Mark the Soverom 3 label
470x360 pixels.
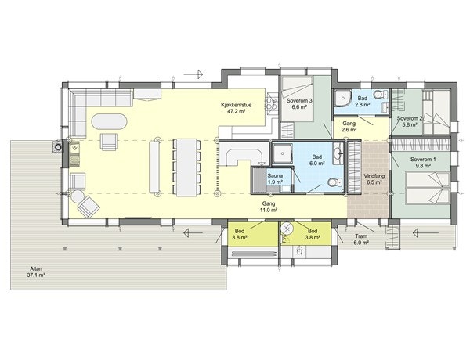tap(299, 104)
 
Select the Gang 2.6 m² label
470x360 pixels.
tap(349, 127)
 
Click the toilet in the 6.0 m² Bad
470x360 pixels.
tap(332, 182)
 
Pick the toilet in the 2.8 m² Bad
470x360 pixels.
tap(378, 96)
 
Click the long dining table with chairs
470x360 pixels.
tap(185, 166)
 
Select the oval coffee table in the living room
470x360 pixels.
tap(109, 122)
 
